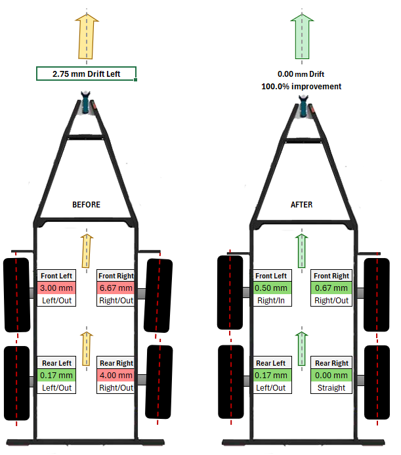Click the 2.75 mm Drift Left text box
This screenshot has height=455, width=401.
pyautogui.click(x=87, y=74)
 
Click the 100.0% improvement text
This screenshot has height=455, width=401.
pyautogui.click(x=302, y=86)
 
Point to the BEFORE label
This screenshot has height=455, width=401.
pyautogui.click(x=86, y=205)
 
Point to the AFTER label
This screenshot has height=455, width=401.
pyautogui.click(x=301, y=205)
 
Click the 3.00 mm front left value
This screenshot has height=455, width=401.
pyautogui.click(x=57, y=288)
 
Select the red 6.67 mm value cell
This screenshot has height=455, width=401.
pyautogui.click(x=116, y=288)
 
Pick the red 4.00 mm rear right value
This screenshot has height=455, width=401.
pyautogui.click(x=116, y=376)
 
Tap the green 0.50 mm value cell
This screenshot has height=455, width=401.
pyautogui.click(x=271, y=288)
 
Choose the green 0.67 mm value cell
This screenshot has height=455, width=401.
pyautogui.click(x=331, y=288)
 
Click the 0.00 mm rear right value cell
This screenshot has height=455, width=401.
pyautogui.click(x=331, y=376)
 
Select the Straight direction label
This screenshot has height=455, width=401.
pyautogui.click(x=331, y=387)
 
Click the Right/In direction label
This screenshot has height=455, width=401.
pyautogui.click(x=271, y=300)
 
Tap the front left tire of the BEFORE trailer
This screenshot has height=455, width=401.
pyautogui.click(x=16, y=294)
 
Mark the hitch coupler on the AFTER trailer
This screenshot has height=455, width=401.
pyautogui.click(x=303, y=105)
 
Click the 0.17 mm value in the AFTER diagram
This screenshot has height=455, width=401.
pyautogui.click(x=271, y=376)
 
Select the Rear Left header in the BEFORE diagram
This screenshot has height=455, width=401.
pyautogui.click(x=57, y=363)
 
